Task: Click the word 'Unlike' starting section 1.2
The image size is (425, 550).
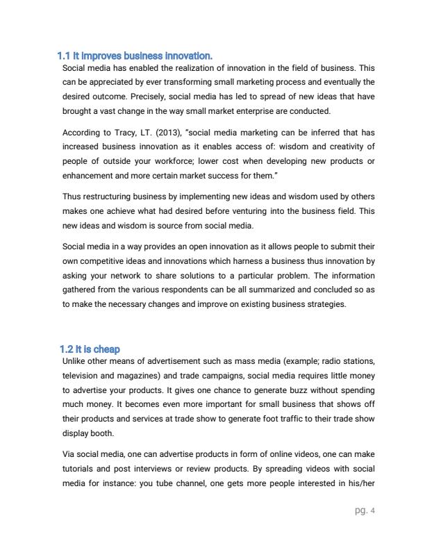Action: click(x=74, y=361)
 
